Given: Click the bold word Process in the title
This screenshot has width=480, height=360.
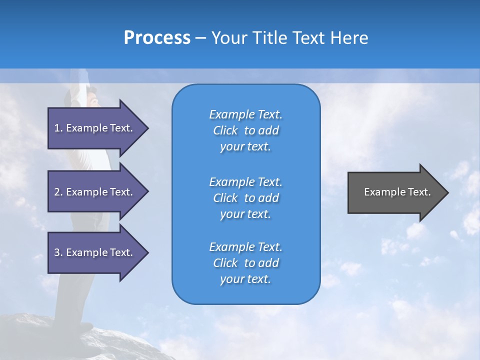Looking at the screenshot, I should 157,38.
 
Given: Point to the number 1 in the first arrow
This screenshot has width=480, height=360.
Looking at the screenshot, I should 57,128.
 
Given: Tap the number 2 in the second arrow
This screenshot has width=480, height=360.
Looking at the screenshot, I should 57,192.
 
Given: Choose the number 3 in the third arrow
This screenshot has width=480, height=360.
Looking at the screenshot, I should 57,252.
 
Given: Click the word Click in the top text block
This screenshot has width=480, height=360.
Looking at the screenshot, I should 225,130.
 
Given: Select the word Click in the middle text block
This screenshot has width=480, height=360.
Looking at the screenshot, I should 225,198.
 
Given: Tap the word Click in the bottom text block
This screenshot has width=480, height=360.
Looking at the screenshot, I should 225,263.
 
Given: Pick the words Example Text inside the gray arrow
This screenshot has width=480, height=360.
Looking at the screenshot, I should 397,192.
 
